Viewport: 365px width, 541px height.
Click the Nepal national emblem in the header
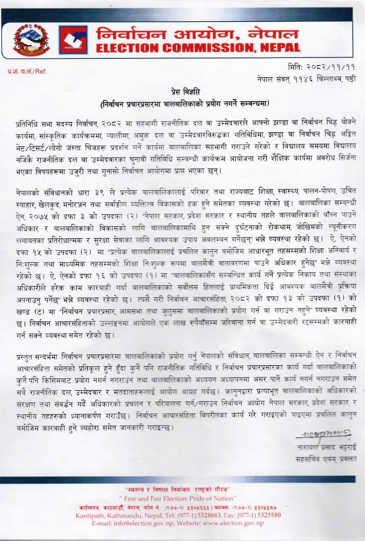31,40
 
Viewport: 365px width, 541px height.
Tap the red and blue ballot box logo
73,40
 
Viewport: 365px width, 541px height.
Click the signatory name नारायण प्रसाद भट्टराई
326,448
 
